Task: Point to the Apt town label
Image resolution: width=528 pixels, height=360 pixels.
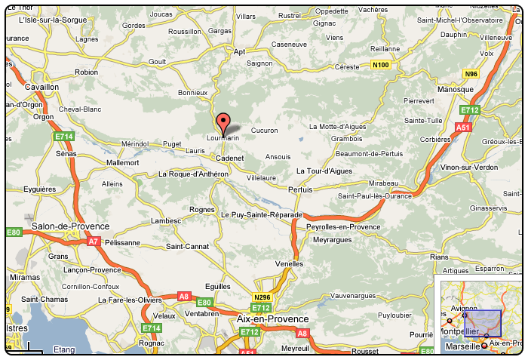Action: coord(241,52)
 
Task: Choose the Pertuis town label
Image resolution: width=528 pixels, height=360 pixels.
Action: coord(299,189)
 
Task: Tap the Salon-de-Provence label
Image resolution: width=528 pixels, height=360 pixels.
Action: coord(70,226)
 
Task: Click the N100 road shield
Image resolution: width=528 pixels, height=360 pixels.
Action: coord(382,66)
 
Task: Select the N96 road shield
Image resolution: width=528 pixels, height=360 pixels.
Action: coord(472,73)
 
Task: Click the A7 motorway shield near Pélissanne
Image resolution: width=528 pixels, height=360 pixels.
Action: coord(93,242)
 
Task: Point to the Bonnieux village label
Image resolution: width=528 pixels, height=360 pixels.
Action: coord(192,93)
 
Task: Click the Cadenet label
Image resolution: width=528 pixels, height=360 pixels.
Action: coord(230,158)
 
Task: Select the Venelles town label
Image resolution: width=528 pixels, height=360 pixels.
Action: coord(290,263)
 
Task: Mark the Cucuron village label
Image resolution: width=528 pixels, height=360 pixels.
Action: coord(264,130)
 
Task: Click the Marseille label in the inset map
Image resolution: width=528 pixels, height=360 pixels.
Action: coord(462,346)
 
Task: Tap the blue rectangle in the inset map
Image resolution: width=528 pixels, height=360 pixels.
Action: coord(482,322)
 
